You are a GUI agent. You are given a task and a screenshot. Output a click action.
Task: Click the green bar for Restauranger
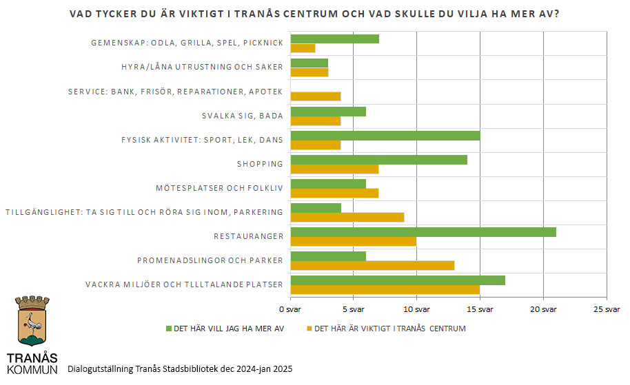[x=423, y=232]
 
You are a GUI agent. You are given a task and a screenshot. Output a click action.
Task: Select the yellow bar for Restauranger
[x=354, y=242]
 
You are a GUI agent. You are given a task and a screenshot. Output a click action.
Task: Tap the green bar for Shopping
[x=379, y=160]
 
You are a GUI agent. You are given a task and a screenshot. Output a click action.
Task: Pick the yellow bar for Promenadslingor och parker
[x=372, y=265]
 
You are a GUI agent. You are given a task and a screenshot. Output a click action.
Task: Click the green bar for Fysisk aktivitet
[x=385, y=136]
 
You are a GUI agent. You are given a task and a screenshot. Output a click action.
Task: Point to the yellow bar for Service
[x=316, y=96]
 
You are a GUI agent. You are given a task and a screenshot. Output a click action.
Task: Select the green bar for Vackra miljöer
[x=398, y=280]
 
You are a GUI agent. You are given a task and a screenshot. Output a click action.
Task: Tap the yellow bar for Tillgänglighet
[x=347, y=218]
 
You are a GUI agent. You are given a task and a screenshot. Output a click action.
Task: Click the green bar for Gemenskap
[x=335, y=39]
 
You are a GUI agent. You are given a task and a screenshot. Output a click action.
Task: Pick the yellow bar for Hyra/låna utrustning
[x=309, y=72]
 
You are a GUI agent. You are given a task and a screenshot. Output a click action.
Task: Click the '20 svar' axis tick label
[x=543, y=308]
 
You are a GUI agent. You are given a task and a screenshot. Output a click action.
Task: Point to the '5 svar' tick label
[x=354, y=308]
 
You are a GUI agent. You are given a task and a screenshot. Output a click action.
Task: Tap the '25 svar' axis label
[x=606, y=308]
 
